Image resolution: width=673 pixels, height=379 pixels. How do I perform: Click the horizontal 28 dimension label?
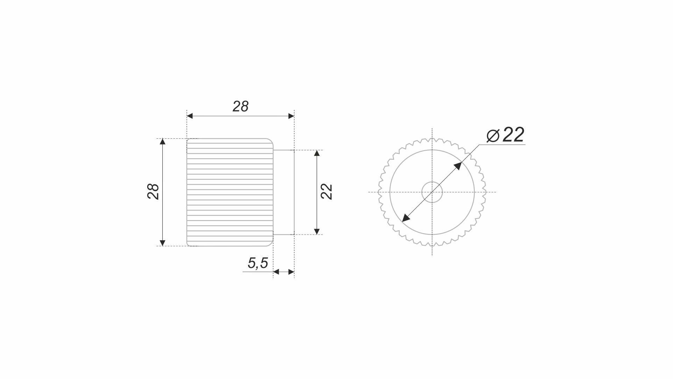241,106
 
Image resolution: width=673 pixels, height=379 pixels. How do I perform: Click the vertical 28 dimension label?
153,192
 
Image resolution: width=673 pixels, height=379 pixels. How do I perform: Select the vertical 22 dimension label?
327,192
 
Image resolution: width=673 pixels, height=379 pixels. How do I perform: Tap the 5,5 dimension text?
258,263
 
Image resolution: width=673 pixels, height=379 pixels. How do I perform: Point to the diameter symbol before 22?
493,136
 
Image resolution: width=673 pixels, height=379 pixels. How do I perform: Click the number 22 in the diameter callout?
513,135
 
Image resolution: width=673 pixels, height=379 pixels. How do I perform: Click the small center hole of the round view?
432,192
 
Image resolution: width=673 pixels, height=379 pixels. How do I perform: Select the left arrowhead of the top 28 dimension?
190,116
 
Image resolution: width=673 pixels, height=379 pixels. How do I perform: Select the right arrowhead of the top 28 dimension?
291,116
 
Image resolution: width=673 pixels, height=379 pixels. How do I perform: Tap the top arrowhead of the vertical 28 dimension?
163,142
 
